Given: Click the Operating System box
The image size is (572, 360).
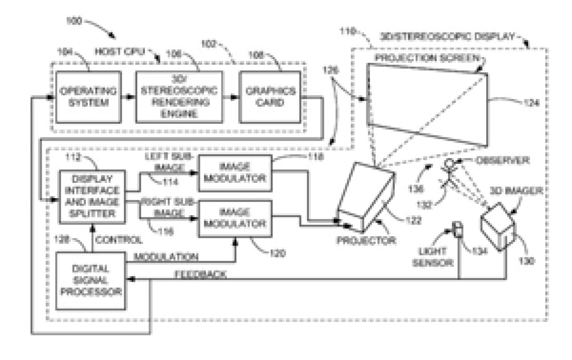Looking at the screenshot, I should click(88, 97).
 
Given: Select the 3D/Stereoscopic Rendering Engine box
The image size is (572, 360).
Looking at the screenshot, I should click(179, 97).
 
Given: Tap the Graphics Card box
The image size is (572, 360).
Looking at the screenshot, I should click(270, 97).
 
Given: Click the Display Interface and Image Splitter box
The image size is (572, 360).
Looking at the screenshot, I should click(92, 196).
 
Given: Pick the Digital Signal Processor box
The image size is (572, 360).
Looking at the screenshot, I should click(90, 280).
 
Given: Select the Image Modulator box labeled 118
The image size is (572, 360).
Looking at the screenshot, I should click(235, 173).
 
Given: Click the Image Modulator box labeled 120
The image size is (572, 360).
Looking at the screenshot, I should click(235, 219).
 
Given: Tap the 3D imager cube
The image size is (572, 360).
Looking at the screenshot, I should click(497, 226).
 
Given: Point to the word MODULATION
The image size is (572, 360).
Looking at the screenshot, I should click(166, 257).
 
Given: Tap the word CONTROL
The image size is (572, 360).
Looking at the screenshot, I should click(119, 240).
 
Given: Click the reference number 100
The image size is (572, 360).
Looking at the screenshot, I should click(73, 21).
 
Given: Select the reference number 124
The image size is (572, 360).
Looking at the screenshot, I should click(531, 102).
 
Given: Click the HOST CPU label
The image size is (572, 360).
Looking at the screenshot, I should click(120, 52).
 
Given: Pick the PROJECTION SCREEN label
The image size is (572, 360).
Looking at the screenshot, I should click(427, 58).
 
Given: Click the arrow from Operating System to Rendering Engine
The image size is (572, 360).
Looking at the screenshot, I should click(128, 97).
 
